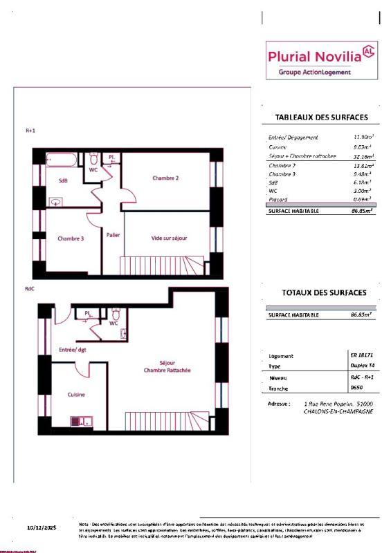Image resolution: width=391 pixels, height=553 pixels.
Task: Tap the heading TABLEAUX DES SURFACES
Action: [x=321, y=118]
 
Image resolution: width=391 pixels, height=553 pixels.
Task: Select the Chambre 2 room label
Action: [x=166, y=178]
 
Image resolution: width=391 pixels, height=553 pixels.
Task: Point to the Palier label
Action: [x=113, y=235]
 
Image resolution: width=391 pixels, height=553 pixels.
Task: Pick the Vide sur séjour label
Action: [x=170, y=238]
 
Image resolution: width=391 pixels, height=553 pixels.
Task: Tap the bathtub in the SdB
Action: [x=60, y=160]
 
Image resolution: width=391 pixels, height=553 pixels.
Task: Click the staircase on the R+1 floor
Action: [x=162, y=265]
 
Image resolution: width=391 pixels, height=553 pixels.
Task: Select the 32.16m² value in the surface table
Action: [x=363, y=157]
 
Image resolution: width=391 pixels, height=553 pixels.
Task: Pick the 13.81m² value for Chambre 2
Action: [x=363, y=167]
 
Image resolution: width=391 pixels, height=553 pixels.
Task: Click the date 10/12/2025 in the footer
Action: [x=42, y=527]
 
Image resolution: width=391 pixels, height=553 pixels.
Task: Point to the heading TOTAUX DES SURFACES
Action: [x=324, y=293]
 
